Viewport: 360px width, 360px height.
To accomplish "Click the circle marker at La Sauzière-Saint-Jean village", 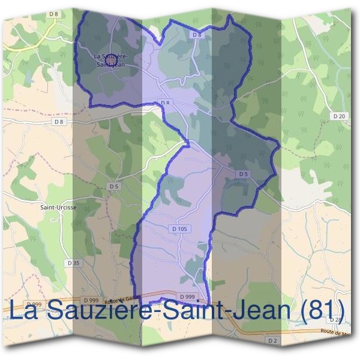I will (x=110, y=61).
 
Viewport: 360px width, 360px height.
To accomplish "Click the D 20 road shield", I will (x=339, y=116).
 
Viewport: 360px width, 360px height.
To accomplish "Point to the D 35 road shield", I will (x=73, y=263).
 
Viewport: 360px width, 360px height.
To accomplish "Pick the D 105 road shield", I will (x=180, y=229).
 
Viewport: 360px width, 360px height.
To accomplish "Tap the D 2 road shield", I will (x=273, y=340).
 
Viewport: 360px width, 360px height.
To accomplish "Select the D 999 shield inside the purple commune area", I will (x=187, y=296).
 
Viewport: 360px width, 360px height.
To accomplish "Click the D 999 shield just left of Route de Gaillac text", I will (x=91, y=299).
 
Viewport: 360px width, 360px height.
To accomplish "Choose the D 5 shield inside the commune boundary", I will (x=243, y=174).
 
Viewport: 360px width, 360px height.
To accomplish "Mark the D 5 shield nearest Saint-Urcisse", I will (x=114, y=187).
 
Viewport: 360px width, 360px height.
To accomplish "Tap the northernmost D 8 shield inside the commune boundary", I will (x=197, y=35).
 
